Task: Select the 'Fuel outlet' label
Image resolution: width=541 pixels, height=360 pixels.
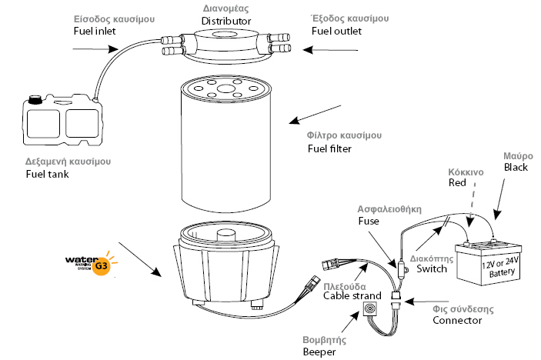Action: (338, 31)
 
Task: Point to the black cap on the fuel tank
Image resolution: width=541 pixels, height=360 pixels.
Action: (35, 98)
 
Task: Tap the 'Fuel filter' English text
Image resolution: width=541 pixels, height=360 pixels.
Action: (329, 148)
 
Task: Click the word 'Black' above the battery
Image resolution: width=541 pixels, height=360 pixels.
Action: (516, 167)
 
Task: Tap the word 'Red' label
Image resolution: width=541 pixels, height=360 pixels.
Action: (457, 183)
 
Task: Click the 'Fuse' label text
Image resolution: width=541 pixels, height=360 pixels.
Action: (369, 220)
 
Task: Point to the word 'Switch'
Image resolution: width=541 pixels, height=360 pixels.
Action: (431, 268)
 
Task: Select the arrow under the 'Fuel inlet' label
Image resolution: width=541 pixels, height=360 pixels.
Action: (88, 49)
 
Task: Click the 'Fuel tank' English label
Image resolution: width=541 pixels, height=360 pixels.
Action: (46, 175)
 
